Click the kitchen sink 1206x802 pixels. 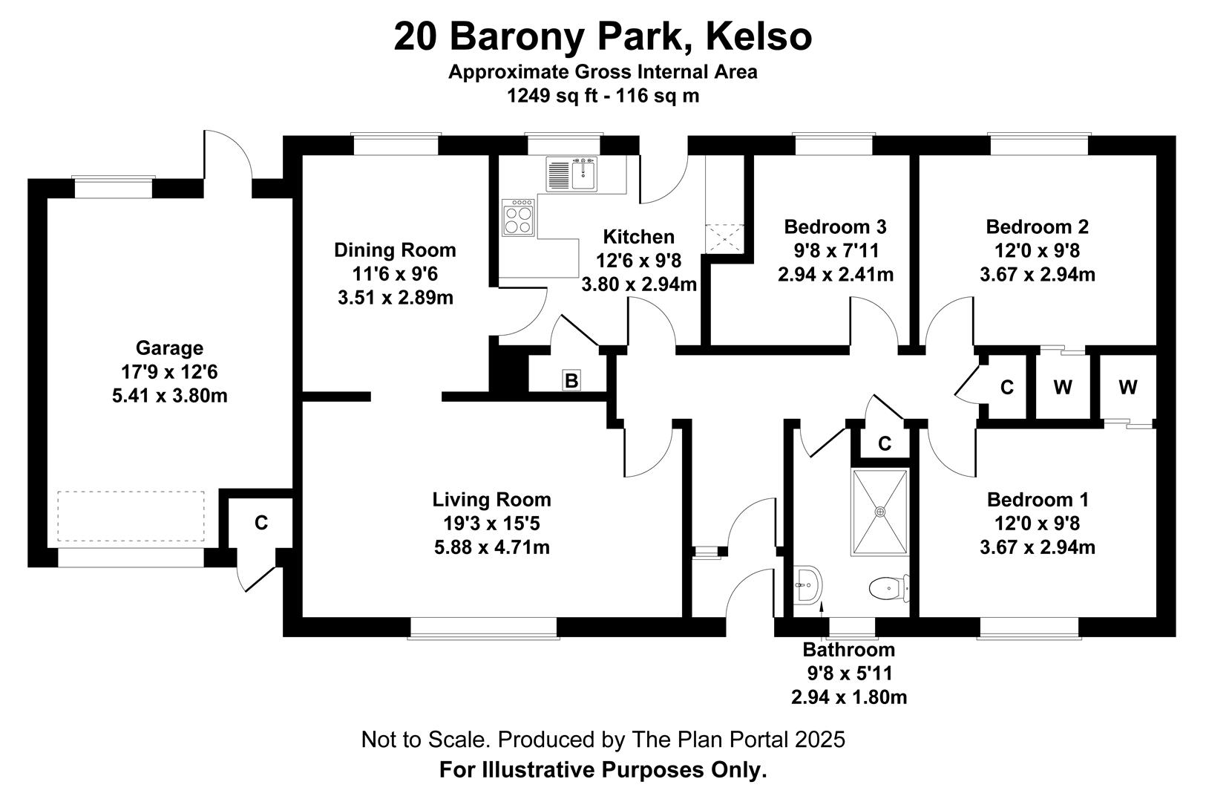tap(571, 174)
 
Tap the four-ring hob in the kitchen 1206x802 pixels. tap(518, 218)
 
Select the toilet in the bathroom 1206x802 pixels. tap(888, 588)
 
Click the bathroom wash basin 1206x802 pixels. tap(807, 584)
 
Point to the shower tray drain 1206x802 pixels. tap(880, 512)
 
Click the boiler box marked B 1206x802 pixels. tap(571, 380)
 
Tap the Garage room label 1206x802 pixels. tap(170, 348)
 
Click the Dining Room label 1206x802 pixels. tap(395, 250)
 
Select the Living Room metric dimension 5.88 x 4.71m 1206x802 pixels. tap(491, 547)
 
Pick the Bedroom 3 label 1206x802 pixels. tap(835, 226)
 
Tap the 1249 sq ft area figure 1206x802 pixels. tap(552, 96)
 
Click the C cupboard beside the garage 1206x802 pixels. tap(261, 523)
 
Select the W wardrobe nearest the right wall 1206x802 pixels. tap(1128, 387)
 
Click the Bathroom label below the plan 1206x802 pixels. tap(848, 650)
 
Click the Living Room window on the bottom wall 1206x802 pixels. tap(483, 628)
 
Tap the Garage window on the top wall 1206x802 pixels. tap(114, 187)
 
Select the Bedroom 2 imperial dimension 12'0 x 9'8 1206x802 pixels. tap(1037, 250)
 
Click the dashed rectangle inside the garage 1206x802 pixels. tap(131, 516)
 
